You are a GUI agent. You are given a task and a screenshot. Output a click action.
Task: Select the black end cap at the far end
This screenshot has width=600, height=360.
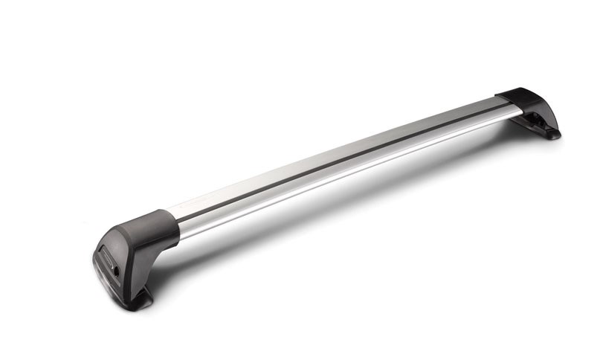[x=529, y=108]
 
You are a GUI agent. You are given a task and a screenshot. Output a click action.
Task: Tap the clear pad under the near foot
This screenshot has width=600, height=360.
[x=112, y=286]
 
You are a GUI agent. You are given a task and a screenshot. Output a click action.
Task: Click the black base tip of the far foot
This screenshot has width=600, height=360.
[x=552, y=135]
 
